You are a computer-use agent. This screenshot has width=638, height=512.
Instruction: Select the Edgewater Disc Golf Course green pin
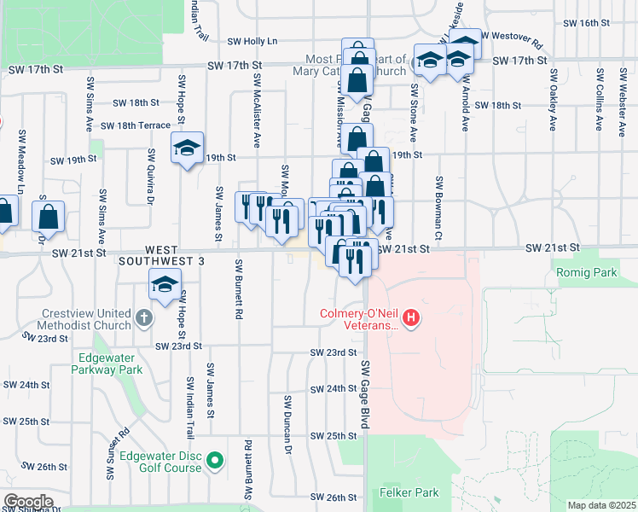[215, 462]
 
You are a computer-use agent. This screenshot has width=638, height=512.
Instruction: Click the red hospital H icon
[412, 319]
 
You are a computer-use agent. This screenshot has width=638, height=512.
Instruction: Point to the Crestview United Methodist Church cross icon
[144, 320]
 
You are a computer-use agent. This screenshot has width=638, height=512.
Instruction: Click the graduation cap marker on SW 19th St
[187, 148]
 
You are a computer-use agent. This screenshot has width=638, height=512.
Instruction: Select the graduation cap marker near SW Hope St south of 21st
[165, 284]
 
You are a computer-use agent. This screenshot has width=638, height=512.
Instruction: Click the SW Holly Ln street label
[252, 41]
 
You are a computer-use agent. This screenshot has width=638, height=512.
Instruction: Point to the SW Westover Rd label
[511, 37]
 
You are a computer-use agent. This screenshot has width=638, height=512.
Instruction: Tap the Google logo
[28, 502]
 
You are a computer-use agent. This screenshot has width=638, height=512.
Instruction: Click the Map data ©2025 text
[601, 504]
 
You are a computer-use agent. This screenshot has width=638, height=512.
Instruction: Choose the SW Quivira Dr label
[150, 176]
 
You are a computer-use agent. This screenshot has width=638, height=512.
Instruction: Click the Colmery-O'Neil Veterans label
[359, 318]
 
